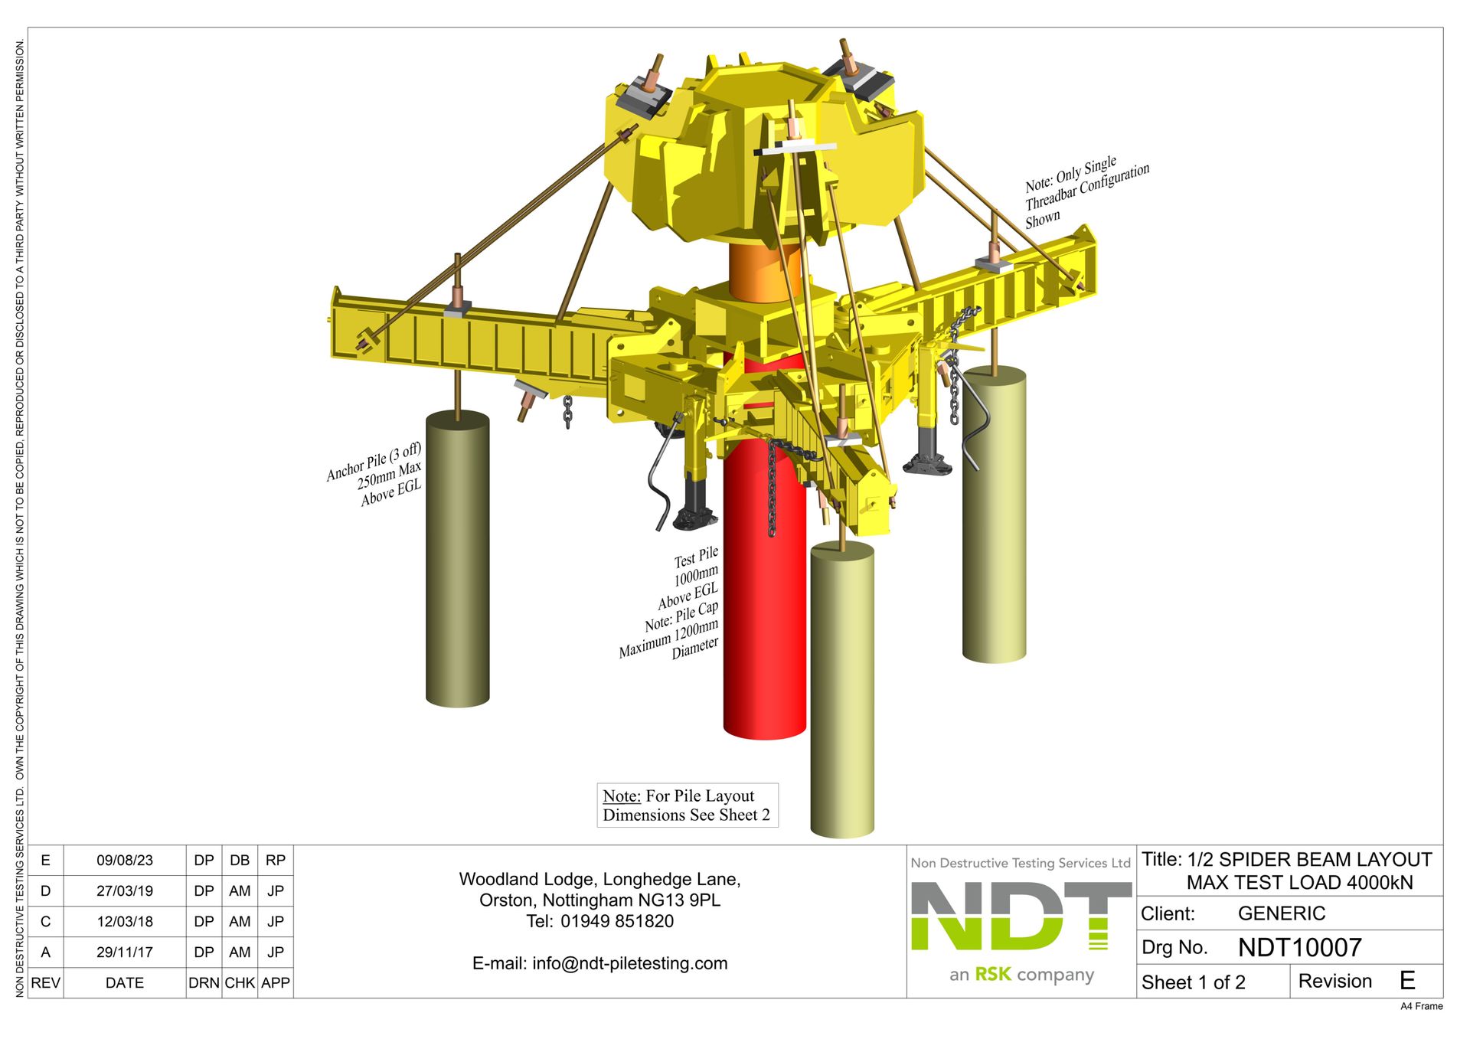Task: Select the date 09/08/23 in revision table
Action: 125,861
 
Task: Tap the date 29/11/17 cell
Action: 125,952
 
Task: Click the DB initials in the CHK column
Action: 240,861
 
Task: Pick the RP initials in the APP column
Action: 276,861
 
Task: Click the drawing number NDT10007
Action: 1299,948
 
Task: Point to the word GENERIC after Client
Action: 1281,913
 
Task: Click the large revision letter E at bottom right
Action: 1406,981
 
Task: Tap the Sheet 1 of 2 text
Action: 1193,982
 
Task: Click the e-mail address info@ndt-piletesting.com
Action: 629,963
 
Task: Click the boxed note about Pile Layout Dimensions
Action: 687,805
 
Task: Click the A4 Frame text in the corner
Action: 1421,1006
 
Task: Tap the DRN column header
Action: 204,983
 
